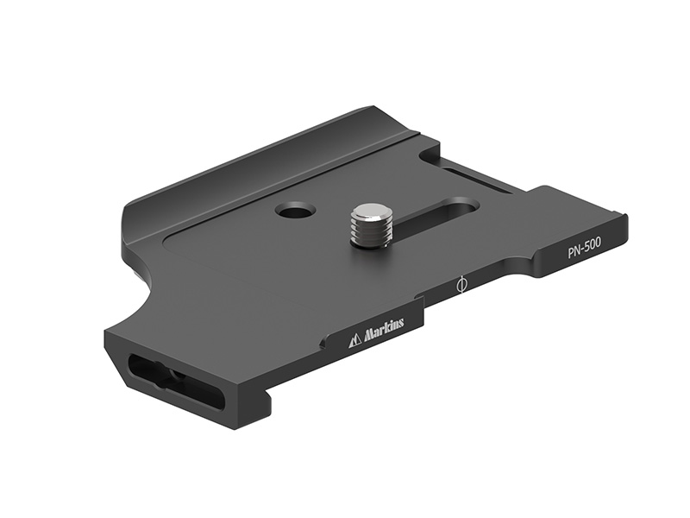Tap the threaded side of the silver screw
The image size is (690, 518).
click(x=368, y=231)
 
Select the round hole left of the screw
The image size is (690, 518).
click(x=295, y=209)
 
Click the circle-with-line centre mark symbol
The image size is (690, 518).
click(x=461, y=284)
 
